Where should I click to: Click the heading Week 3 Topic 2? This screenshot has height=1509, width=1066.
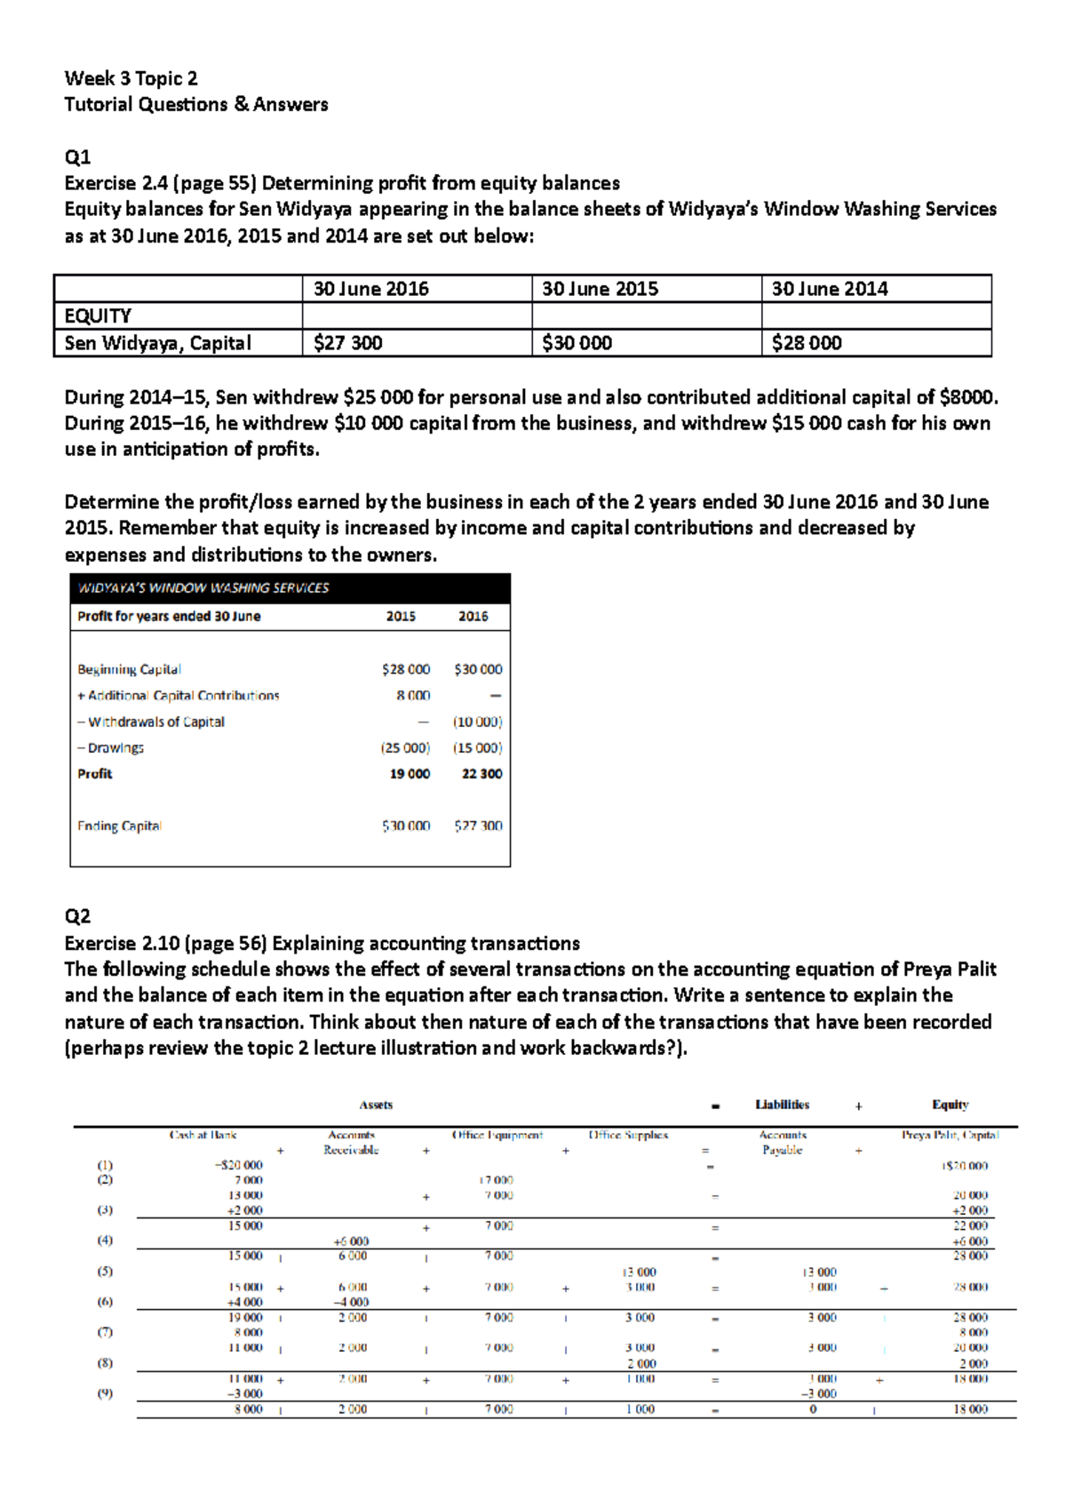coord(131,78)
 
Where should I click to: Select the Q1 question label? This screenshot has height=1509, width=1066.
coord(77,157)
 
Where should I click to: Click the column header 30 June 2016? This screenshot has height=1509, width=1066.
coord(370,289)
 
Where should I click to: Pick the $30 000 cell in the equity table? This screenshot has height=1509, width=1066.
coord(577,343)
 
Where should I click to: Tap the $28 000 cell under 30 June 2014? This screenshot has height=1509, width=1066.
coord(806,343)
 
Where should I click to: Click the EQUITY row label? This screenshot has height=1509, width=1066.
coord(98,315)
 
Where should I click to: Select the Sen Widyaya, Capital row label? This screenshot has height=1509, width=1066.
coord(157,343)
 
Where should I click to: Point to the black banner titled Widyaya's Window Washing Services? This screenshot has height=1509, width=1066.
coord(290,587)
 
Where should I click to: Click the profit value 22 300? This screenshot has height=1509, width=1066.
coord(481,774)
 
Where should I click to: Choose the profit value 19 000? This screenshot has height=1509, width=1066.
coord(410,774)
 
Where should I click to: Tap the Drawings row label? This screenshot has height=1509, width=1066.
coord(110,748)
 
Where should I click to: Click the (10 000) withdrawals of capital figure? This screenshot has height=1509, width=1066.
coord(477,722)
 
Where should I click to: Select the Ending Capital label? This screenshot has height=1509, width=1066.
coord(119,826)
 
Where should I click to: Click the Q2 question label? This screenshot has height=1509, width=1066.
coord(77,916)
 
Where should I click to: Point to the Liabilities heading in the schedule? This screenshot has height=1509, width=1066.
coord(782,1105)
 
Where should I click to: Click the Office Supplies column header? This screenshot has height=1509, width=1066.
coord(628,1135)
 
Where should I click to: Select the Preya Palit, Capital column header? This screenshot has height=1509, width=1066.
coord(950,1135)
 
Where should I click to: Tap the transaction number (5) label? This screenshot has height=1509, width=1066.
coord(105,1271)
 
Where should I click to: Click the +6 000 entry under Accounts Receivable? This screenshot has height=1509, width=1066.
coord(351,1242)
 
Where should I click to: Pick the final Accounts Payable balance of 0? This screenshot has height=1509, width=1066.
coord(813,1409)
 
